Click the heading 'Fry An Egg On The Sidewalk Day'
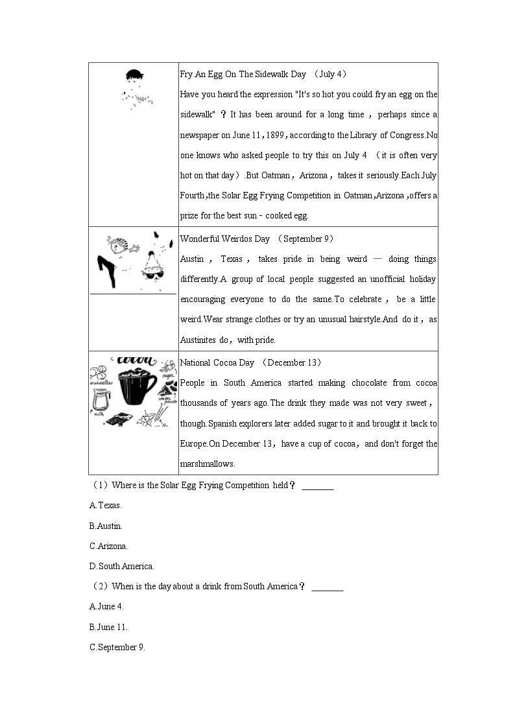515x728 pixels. pyautogui.click(x=243, y=75)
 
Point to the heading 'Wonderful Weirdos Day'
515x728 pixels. pyautogui.click(x=224, y=239)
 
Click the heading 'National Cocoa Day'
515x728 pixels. pyautogui.click(x=217, y=362)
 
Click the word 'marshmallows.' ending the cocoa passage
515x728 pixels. pyautogui.click(x=207, y=464)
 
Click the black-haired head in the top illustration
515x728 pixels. pyautogui.click(x=134, y=76)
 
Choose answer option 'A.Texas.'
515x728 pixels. pyautogui.click(x=105, y=505)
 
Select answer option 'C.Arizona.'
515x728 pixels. pyautogui.click(x=108, y=546)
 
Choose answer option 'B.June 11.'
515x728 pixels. pyautogui.click(x=108, y=627)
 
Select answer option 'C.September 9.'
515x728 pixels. pyautogui.click(x=117, y=647)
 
